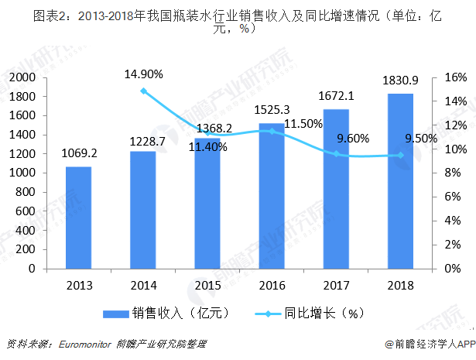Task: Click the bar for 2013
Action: click(x=78, y=218)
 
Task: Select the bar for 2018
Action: click(x=400, y=181)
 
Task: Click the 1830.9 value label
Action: click(x=399, y=81)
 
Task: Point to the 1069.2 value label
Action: click(x=77, y=153)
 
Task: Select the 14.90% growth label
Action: click(x=144, y=74)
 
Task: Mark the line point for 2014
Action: click(x=143, y=91)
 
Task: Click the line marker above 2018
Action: click(x=400, y=155)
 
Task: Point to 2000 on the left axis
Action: click(x=25, y=77)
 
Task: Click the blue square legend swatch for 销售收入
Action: click(x=115, y=314)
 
